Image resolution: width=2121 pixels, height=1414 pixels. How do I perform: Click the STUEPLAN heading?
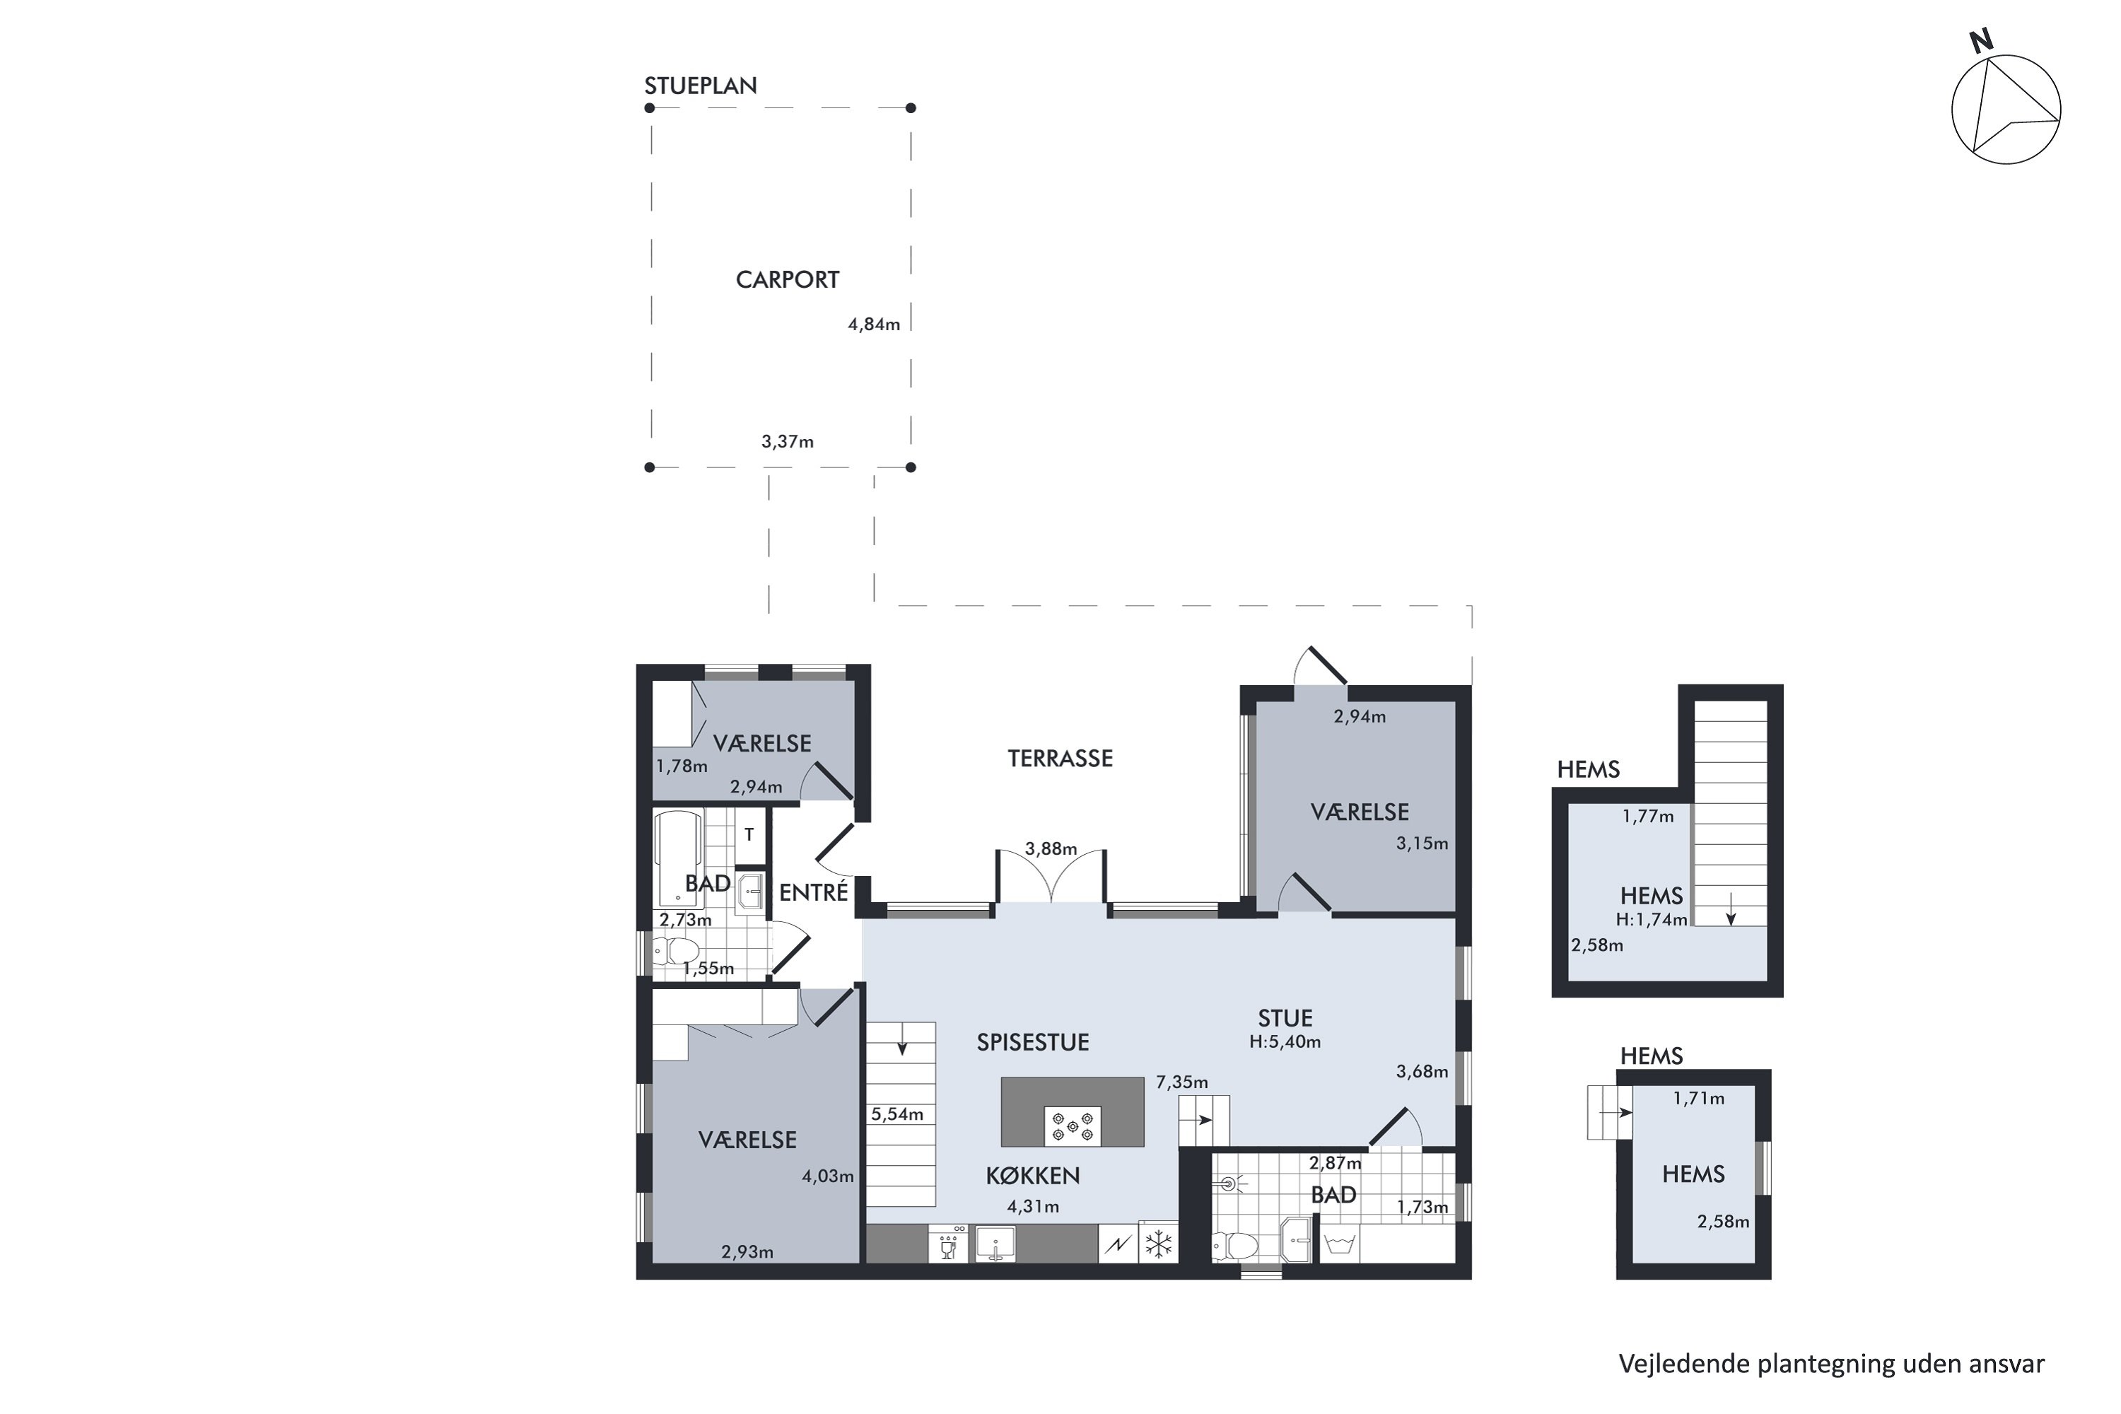pos(700,86)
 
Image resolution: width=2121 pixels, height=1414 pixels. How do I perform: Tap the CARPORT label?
pos(788,279)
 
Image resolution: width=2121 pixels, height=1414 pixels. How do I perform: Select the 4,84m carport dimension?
pos(874,325)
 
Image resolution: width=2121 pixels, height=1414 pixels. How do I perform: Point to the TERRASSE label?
pos(1060,759)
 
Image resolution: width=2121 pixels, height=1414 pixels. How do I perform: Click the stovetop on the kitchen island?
pos(1073,1126)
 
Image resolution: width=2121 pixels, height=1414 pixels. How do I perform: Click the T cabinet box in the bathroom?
pos(749,835)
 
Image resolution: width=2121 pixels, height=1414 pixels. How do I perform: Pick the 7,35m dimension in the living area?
pos(1182,1082)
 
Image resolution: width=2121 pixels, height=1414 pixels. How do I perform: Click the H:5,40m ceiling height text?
pos(1285,1041)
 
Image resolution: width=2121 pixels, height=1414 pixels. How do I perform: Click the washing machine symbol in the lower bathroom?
pos(1339,1245)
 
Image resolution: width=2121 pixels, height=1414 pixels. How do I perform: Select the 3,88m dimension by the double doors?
pos(1051,848)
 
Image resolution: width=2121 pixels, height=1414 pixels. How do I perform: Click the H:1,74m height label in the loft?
pos(1651,920)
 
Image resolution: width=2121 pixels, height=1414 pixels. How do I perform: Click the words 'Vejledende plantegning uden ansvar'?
pos(1832,1364)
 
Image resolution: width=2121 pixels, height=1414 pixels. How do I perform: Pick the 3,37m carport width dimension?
pos(788,442)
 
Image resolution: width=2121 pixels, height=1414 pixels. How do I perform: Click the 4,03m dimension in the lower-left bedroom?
pos(828,1176)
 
